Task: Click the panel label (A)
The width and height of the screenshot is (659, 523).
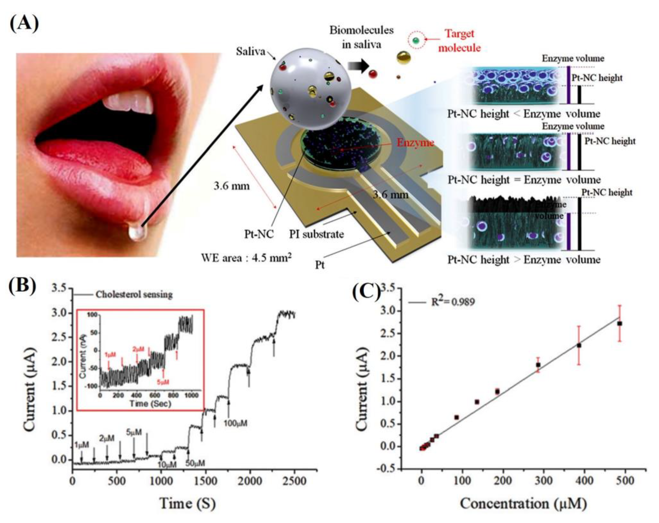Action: pyautogui.click(x=24, y=24)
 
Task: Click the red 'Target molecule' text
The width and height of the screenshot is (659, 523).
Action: pyautogui.click(x=459, y=40)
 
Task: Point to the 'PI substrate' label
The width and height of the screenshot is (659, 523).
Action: pyautogui.click(x=316, y=234)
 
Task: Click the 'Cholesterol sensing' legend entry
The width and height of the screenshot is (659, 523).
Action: pyautogui.click(x=134, y=294)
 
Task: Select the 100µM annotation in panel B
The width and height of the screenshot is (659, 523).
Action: pyautogui.click(x=235, y=423)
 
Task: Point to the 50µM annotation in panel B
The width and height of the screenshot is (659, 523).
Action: pyautogui.click(x=195, y=463)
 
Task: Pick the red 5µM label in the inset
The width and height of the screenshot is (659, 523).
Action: pyautogui.click(x=163, y=382)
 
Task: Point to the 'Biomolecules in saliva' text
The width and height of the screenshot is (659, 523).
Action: pyautogui.click(x=361, y=37)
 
